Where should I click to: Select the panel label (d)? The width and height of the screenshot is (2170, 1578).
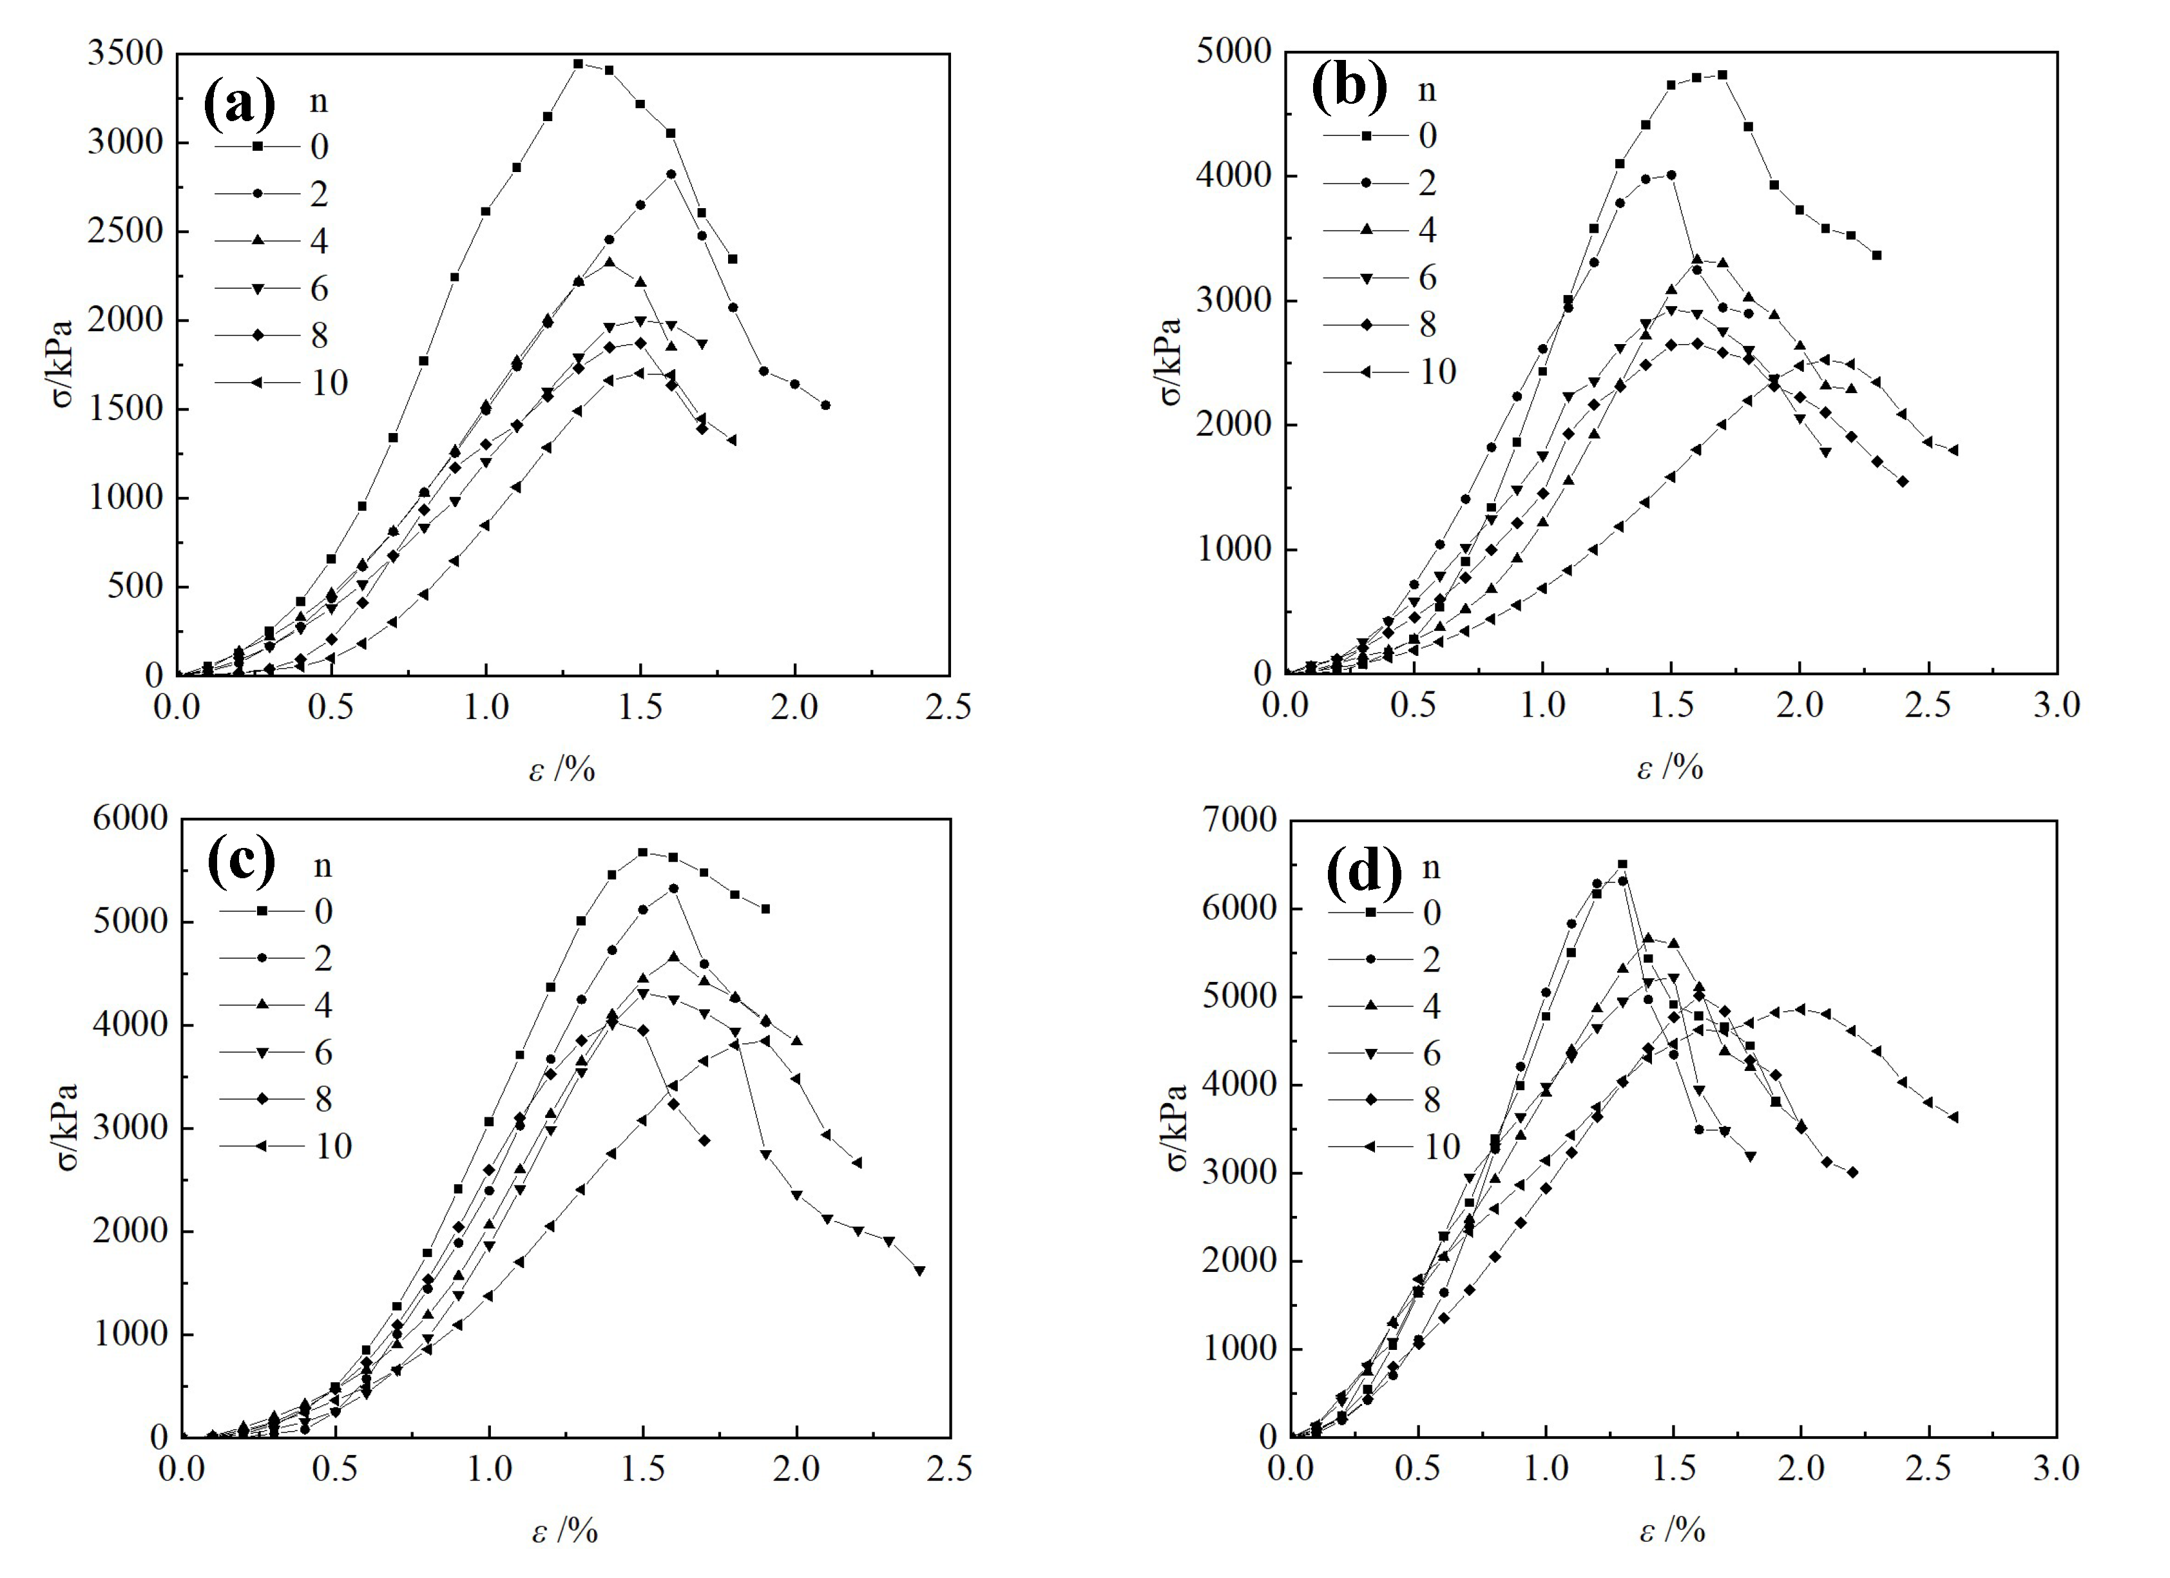click(1363, 870)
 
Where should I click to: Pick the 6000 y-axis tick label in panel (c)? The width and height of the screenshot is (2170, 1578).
click(129, 819)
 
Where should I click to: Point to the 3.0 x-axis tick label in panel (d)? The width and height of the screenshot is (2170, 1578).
click(2056, 1469)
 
